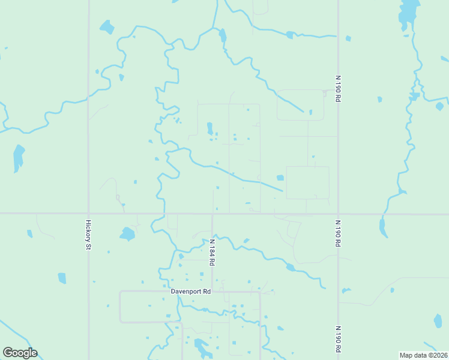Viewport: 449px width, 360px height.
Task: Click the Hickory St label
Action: (x=88, y=234)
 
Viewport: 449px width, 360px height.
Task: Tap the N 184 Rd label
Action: (x=212, y=252)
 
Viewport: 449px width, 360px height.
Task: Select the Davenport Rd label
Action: (x=190, y=292)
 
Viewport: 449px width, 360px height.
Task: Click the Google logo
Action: (x=20, y=353)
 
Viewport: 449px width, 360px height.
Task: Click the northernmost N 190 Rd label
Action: (x=338, y=88)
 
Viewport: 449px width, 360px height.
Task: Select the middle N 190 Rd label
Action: (x=338, y=233)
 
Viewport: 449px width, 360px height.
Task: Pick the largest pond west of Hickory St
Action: (x=19, y=157)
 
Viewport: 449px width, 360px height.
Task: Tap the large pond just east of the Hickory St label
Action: (x=127, y=233)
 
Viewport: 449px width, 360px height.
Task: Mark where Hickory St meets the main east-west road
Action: (x=88, y=213)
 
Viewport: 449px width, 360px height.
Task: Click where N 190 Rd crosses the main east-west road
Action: (x=338, y=213)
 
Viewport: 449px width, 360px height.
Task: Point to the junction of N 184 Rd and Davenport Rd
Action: (x=212, y=292)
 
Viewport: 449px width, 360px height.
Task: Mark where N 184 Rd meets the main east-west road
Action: (x=212, y=213)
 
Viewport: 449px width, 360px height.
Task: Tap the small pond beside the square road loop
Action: (x=280, y=178)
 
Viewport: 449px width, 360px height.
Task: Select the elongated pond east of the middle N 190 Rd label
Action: (x=382, y=226)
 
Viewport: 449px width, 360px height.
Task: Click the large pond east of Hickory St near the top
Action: (x=107, y=27)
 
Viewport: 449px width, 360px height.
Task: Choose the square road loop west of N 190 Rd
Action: (x=307, y=182)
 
